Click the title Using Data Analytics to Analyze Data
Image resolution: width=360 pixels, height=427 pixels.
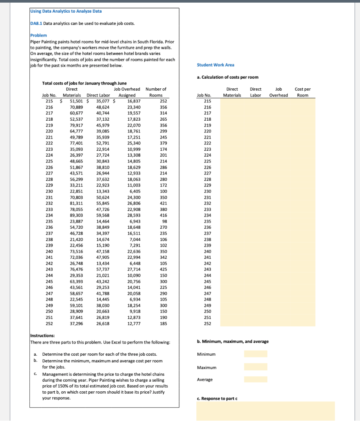66,11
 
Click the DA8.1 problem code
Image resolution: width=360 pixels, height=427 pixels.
36,23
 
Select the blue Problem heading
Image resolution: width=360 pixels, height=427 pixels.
38,35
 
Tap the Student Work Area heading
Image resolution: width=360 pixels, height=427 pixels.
215,65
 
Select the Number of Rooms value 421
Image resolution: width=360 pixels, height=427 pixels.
162,203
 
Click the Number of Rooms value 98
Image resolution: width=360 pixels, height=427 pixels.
164,221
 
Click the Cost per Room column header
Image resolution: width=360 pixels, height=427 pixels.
302,92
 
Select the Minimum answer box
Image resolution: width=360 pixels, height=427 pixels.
255,354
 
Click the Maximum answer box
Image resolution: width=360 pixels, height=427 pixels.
255,367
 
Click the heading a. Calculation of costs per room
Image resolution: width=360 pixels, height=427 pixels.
227,77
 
